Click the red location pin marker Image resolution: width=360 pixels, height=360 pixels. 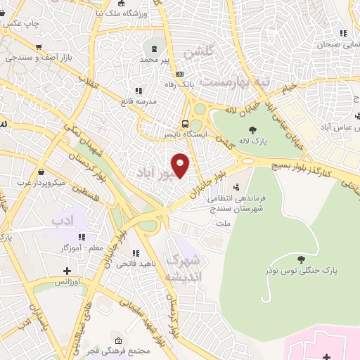[x=181, y=165]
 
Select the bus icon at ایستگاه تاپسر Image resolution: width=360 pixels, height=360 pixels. [x=185, y=120]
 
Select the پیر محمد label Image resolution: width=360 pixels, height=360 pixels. [x=155, y=60]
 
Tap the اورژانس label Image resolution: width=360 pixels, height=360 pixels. [x=67, y=282]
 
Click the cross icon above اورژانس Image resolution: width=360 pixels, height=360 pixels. [x=67, y=271]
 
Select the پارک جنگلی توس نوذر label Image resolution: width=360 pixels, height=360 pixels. [x=302, y=270]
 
